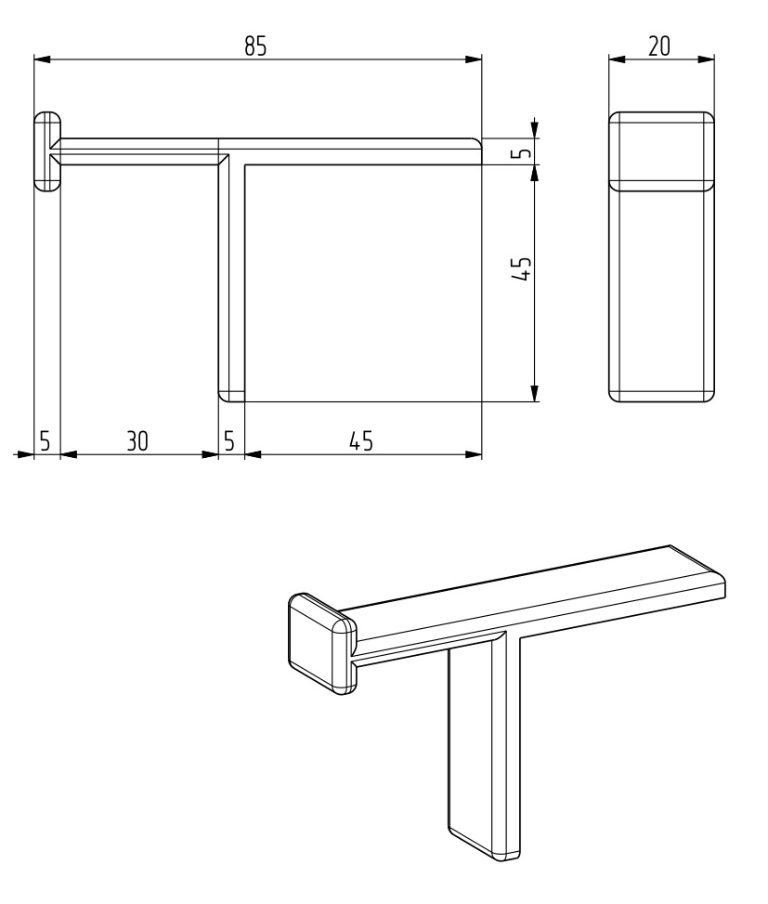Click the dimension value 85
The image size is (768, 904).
255,46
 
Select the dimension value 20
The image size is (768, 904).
659,46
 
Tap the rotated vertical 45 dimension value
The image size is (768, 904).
521,269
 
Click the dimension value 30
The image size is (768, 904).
137,441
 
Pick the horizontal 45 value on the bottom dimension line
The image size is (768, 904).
361,441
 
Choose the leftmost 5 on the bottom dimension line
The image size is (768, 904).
45,441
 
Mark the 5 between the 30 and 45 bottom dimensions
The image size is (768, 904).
229,441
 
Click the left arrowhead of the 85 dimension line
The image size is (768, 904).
42,59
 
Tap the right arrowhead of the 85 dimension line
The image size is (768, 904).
474,59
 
